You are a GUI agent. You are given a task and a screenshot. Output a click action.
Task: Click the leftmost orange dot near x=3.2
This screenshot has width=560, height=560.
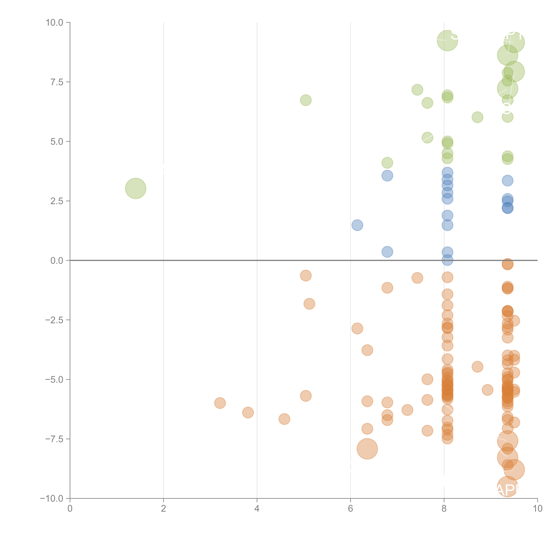pyautogui.click(x=220, y=403)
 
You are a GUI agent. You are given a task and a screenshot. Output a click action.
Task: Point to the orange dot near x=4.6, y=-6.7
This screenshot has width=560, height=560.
pyautogui.click(x=284, y=419)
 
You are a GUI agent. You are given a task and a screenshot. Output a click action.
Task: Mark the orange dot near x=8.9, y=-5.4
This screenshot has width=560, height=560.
pyautogui.click(x=488, y=390)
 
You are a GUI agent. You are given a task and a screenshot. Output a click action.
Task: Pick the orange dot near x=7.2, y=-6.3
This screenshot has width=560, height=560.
pyautogui.click(x=407, y=410)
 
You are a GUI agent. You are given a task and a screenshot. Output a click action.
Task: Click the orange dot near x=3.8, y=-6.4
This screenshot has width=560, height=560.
pyautogui.click(x=248, y=412)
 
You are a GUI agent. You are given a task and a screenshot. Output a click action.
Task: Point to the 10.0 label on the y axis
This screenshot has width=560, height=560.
pyautogui.click(x=55, y=23)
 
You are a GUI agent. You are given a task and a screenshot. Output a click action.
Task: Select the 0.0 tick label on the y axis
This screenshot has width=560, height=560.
pyautogui.click(x=57, y=261)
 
